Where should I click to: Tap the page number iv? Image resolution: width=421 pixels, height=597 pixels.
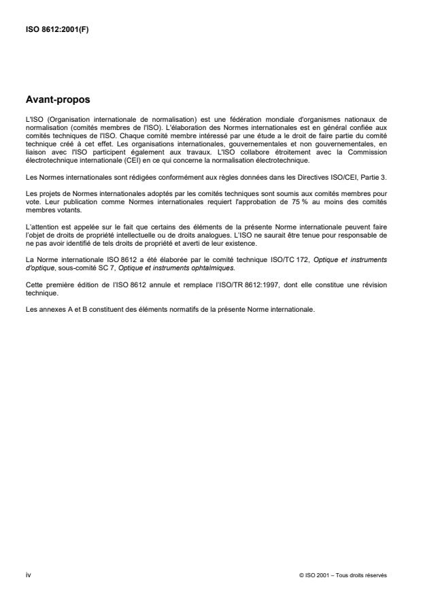[27, 575]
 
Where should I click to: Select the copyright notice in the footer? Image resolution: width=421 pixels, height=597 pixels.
[342, 575]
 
